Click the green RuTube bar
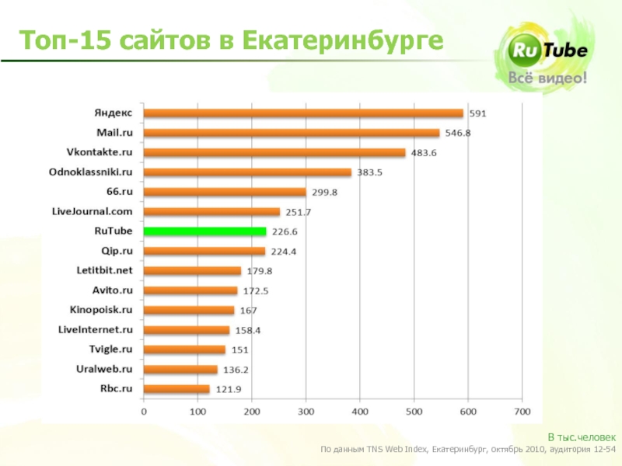point(205,231)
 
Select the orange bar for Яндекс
point(304,113)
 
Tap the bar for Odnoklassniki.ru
point(248,172)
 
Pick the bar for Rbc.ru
point(176,388)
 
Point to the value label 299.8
point(324,192)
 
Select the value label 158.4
point(247,330)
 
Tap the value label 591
point(477,113)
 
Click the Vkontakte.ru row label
point(100,151)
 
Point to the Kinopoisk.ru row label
point(102,309)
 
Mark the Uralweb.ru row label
point(105,368)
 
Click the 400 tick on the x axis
point(360,411)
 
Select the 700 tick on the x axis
point(521,411)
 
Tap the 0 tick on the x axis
point(144,411)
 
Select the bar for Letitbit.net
point(193,270)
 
